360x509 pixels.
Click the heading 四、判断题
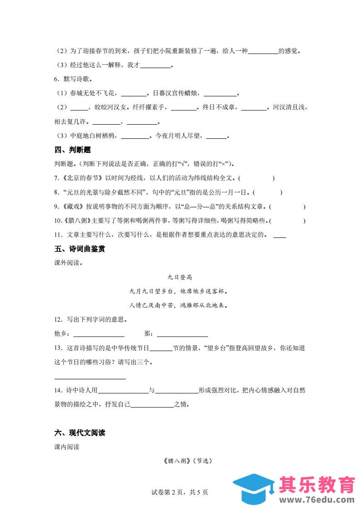point(73,150)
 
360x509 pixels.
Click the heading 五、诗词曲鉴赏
point(79,249)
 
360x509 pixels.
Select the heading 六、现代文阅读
point(79,433)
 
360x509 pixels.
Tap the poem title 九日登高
point(180,277)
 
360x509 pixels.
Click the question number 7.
point(56,178)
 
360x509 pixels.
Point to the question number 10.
point(58,221)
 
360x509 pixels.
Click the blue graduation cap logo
point(253,489)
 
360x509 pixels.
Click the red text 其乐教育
point(316,485)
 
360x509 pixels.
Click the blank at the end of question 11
point(280,236)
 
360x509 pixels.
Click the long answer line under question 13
point(90,377)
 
